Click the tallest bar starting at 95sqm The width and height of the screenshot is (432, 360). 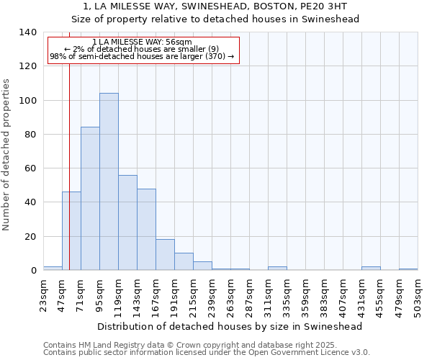109,181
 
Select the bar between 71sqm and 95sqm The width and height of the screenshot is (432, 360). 90,199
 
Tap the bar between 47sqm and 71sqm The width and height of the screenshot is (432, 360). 71,231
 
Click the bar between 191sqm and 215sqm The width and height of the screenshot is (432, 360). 184,261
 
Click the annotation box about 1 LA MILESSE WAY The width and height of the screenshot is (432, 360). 143,50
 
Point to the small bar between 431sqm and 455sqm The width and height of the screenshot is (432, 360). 371,269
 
